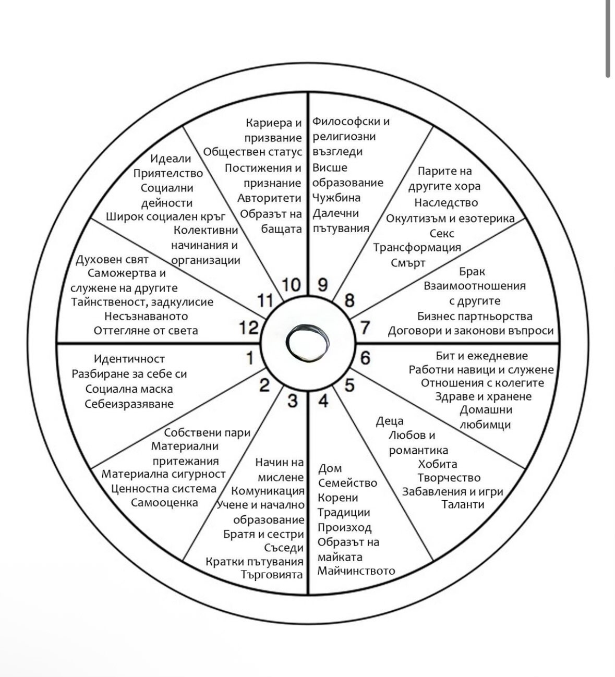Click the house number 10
(292, 285)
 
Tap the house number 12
(249, 328)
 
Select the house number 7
(365, 328)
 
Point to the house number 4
(323, 401)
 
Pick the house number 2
(264, 385)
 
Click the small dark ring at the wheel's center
(308, 343)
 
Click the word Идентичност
(129, 359)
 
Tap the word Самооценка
(164, 503)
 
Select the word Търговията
(272, 575)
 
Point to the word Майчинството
(356, 571)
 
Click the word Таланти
(463, 504)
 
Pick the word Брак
(472, 271)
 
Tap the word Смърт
(408, 263)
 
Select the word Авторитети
(270, 198)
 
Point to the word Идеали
(171, 159)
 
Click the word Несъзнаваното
(146, 316)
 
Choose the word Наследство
(446, 202)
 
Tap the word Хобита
(438, 464)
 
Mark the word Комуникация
(268, 491)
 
